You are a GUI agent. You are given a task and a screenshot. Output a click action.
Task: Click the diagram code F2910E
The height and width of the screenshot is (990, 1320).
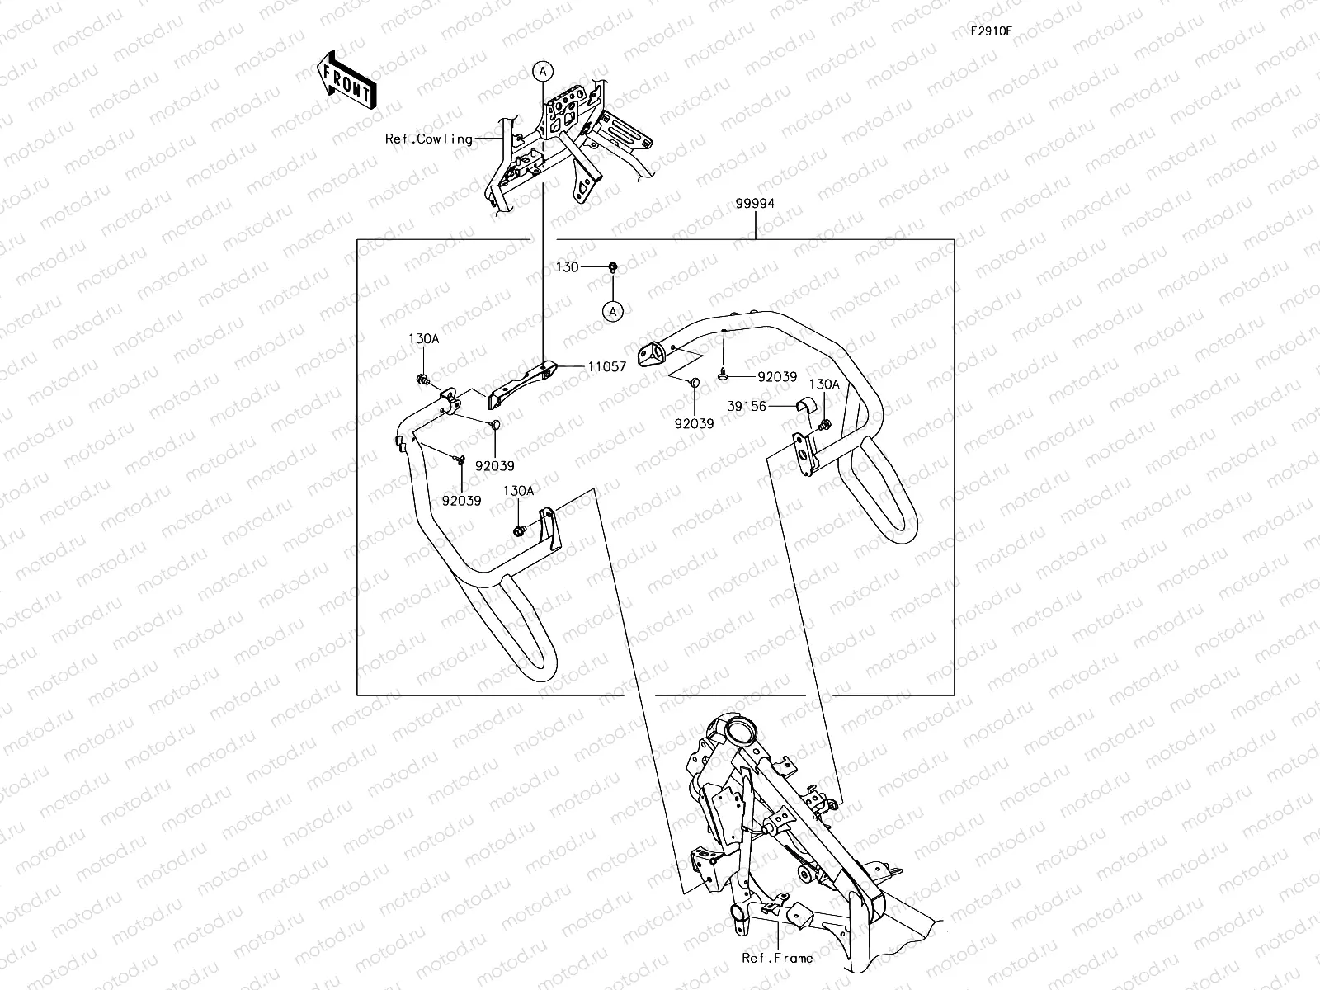click(991, 31)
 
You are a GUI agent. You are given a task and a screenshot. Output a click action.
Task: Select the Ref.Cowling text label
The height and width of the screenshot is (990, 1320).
click(429, 139)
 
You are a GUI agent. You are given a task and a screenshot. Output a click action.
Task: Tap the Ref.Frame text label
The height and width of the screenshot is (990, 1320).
click(777, 958)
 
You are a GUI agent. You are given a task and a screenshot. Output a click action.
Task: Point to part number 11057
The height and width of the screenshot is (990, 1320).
click(607, 366)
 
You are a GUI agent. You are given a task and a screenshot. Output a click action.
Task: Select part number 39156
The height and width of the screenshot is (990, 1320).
click(747, 406)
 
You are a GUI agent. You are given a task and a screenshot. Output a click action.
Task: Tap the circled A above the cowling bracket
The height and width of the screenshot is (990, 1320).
click(541, 72)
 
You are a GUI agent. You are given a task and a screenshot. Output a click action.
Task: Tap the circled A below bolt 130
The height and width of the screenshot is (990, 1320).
click(612, 311)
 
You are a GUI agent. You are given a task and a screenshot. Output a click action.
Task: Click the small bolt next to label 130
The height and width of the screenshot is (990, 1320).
click(613, 267)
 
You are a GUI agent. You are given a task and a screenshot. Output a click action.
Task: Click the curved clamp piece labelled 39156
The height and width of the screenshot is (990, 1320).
click(804, 406)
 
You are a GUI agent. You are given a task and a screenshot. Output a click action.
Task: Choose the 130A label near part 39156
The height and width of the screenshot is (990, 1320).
click(823, 384)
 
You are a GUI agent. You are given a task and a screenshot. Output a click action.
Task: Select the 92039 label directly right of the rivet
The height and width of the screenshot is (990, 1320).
click(777, 377)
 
